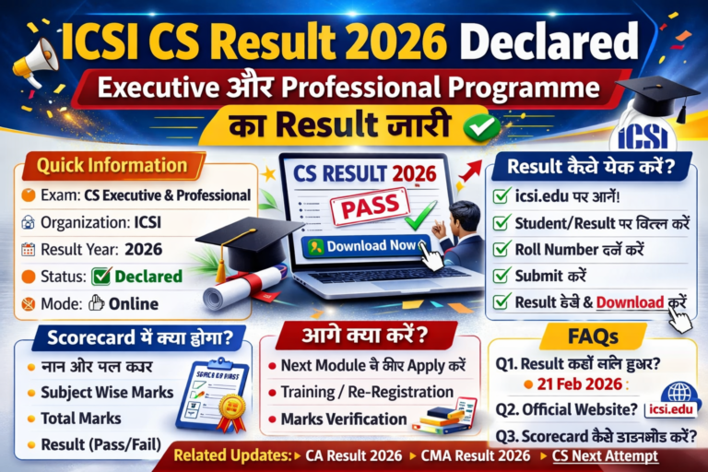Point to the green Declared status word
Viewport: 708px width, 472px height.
pos(147,276)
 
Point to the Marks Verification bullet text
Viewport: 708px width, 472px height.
pos(343,419)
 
